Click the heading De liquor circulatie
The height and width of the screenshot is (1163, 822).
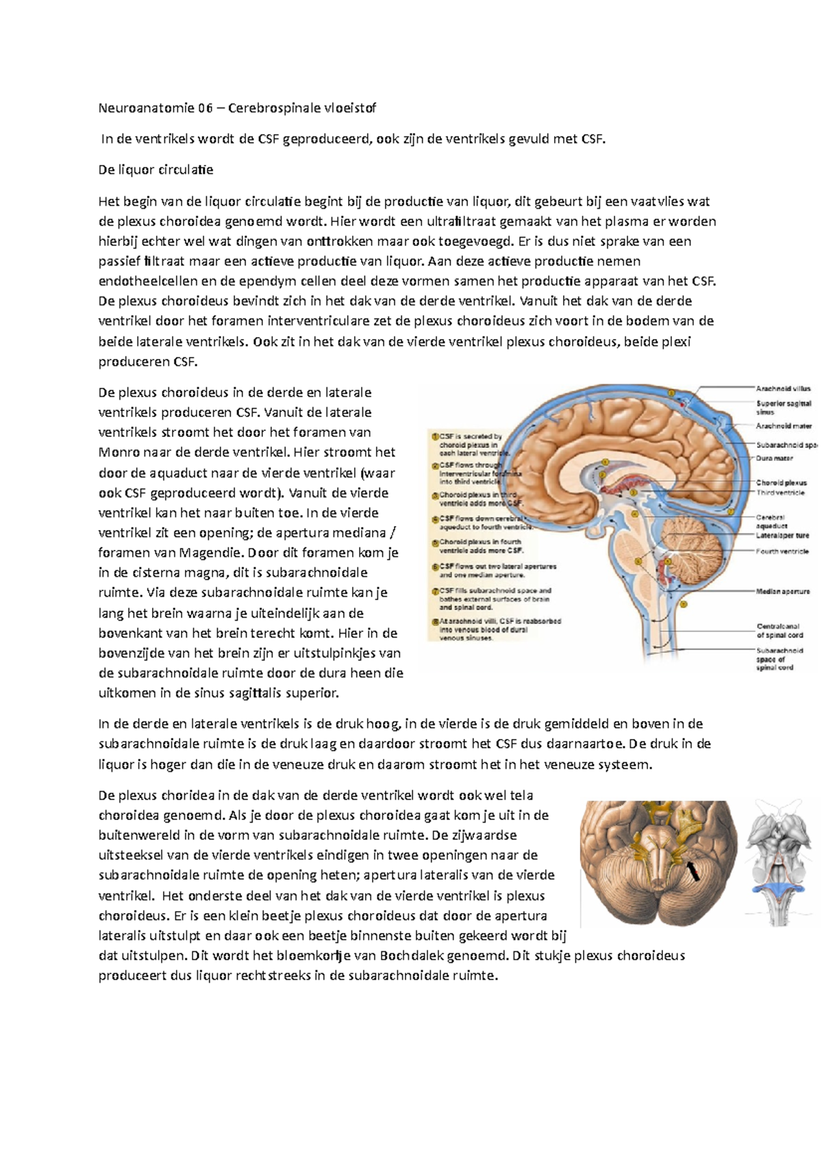[156, 170]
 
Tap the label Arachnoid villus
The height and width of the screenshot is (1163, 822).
[783, 388]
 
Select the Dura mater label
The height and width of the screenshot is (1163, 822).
[774, 458]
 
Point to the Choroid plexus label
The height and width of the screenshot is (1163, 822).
[781, 483]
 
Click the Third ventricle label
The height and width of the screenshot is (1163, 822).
[780, 493]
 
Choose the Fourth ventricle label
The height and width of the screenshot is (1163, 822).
[782, 551]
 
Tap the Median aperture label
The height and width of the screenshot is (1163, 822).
[782, 591]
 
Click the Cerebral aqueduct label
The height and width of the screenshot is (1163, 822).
[771, 522]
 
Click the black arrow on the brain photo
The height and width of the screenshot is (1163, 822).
[693, 871]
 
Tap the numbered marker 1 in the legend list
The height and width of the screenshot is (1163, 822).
[435, 436]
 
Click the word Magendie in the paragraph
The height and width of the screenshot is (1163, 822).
[206, 553]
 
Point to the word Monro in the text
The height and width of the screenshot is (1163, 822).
[118, 453]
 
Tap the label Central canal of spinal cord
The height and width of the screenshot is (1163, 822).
[780, 630]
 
